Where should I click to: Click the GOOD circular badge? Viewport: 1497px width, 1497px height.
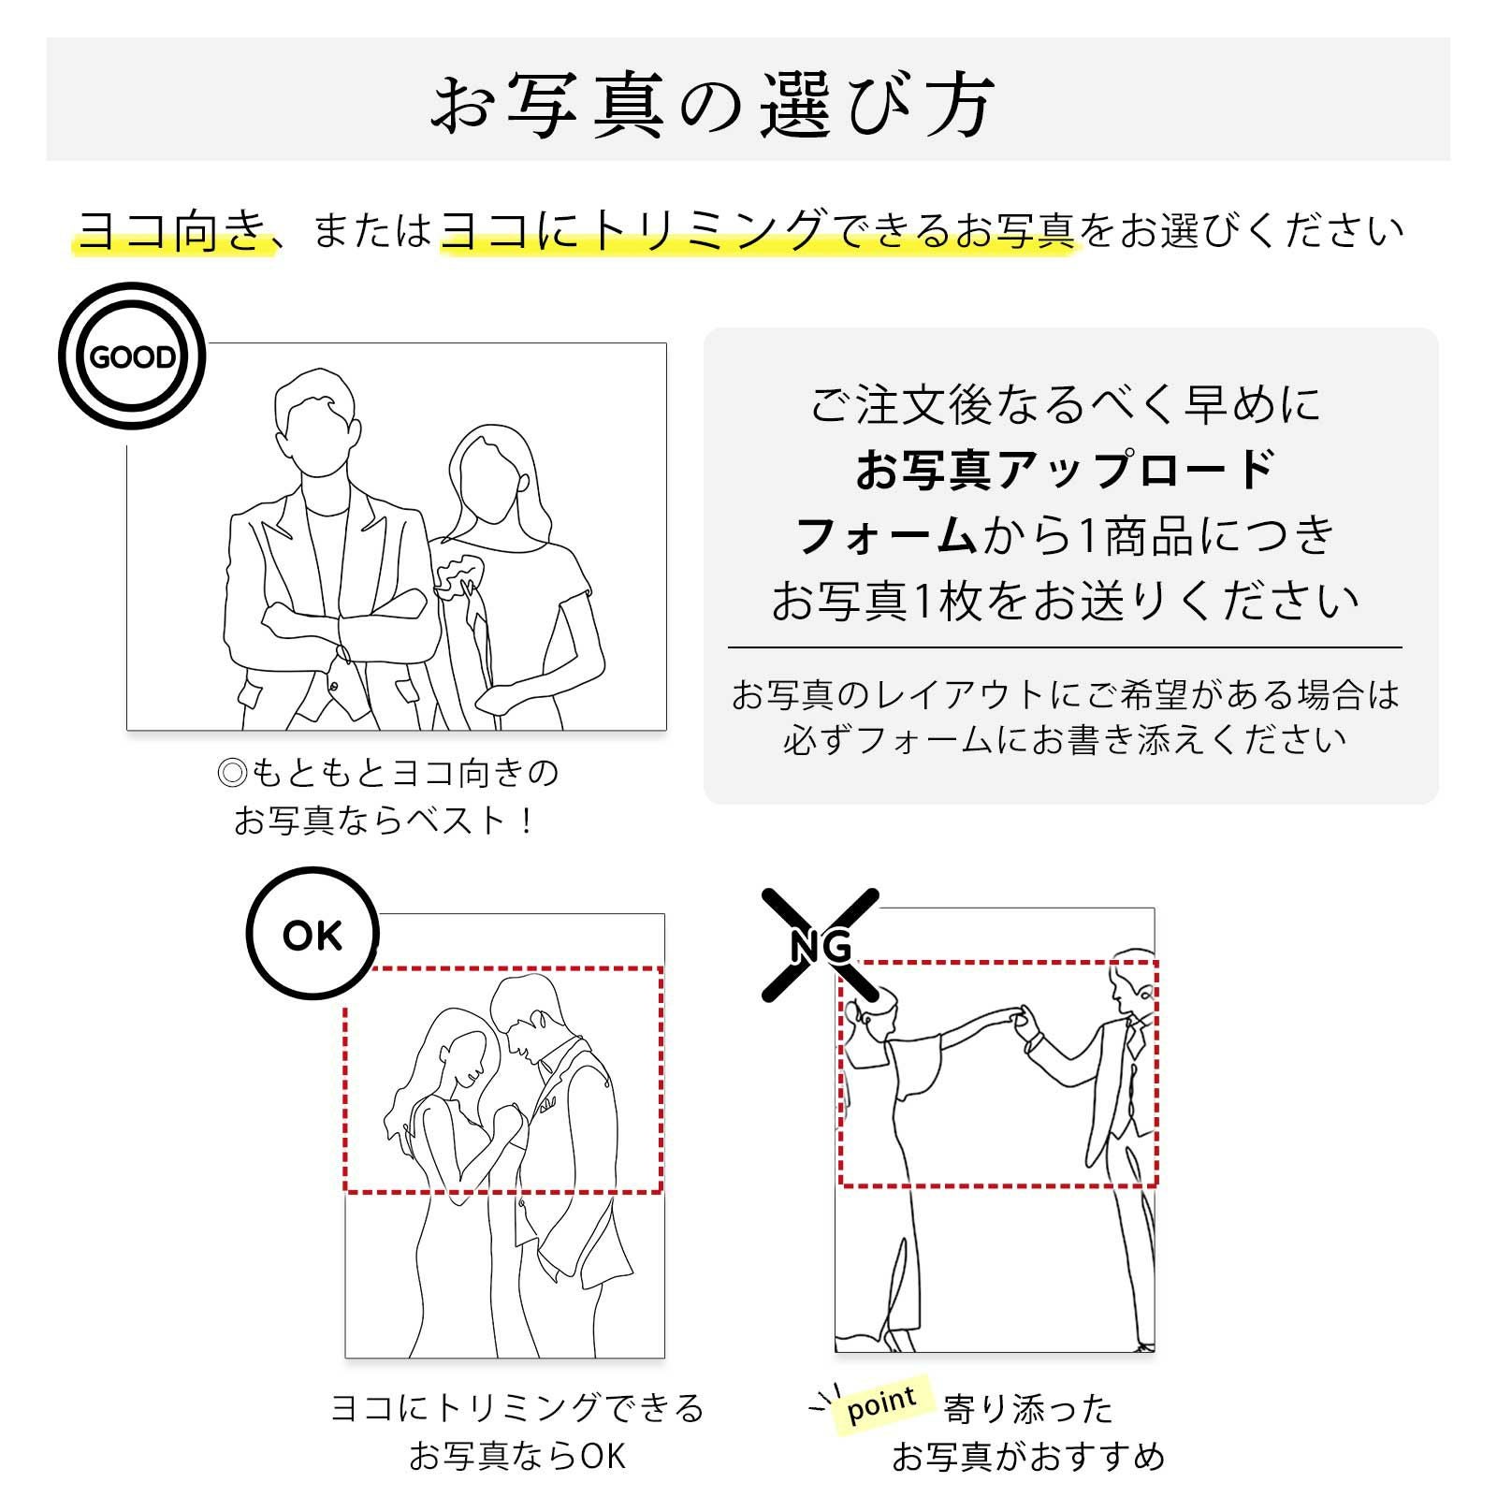tap(131, 356)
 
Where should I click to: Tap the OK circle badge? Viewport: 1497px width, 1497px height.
tap(312, 934)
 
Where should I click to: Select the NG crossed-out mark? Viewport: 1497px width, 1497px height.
tap(821, 945)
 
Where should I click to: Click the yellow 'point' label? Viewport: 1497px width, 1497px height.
tap(880, 1404)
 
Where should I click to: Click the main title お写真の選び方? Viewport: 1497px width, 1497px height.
tap(713, 105)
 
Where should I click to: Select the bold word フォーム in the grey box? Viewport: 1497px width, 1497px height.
tap(885, 536)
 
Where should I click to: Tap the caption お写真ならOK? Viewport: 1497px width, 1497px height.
tap(516, 1456)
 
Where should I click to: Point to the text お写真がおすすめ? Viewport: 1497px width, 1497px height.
tap(1027, 1456)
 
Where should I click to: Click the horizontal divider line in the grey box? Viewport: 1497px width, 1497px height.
tap(1065, 647)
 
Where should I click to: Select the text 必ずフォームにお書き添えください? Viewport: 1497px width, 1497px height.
tap(1065, 740)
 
